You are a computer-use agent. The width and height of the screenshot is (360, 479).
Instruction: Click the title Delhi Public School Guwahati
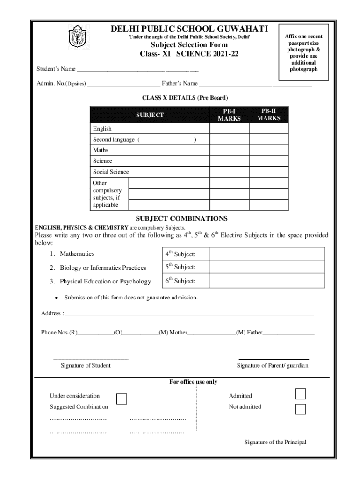pos(189,29)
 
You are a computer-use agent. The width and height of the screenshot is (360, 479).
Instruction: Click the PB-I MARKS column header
pos(229,115)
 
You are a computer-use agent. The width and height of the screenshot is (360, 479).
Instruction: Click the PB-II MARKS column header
pos(268,115)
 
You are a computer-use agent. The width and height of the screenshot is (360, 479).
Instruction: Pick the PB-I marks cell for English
pos(229,129)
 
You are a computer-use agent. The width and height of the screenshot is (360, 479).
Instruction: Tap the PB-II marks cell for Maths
pos(268,150)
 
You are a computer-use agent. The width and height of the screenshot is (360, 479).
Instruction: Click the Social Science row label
pos(111,172)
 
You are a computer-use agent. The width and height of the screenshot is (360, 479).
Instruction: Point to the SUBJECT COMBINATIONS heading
pos(181,218)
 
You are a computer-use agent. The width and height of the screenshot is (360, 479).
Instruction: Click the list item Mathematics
pos(77,254)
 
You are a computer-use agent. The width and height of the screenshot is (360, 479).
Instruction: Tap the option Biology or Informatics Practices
pos(103,268)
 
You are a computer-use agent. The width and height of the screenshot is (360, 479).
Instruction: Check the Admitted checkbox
pos(301,394)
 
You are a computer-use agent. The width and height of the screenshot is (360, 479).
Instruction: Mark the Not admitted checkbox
pos(301,409)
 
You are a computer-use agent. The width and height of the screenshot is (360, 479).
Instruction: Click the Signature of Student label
pos(86,365)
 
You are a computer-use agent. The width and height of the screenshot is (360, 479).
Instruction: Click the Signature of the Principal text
pos(275,442)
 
